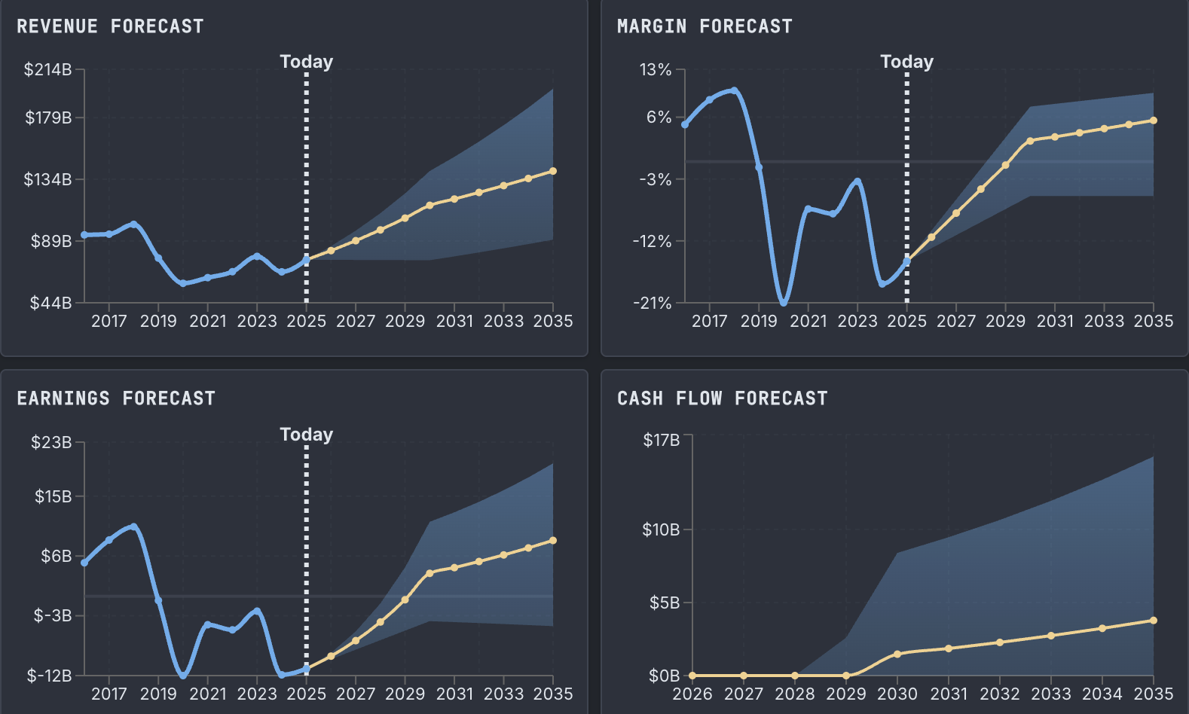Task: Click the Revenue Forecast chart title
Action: tap(110, 26)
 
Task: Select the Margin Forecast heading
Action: tap(705, 26)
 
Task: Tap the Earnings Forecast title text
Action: tap(116, 398)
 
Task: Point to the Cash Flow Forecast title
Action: tap(722, 398)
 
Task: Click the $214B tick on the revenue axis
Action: tap(48, 70)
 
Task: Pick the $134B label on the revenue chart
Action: tap(48, 179)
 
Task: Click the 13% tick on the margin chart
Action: tap(656, 70)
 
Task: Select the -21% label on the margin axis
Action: tap(653, 303)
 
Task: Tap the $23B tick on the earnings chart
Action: tap(51, 442)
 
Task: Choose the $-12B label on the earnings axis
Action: tap(50, 676)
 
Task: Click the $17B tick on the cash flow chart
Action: tap(661, 440)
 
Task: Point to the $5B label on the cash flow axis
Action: tap(665, 603)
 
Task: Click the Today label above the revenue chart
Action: tap(306, 62)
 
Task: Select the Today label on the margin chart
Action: tap(906, 62)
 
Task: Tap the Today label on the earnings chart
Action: tap(306, 435)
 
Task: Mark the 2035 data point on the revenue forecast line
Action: tap(553, 171)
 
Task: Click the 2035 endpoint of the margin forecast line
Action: tap(1154, 121)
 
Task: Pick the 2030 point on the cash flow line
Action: tap(897, 654)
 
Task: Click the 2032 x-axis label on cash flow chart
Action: tap(1000, 694)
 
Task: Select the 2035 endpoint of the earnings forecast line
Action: tap(553, 541)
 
